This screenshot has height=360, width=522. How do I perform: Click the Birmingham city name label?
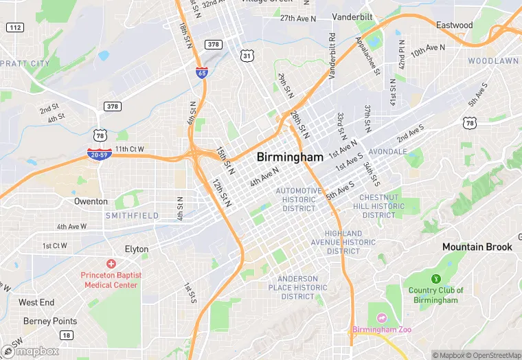pos(289,157)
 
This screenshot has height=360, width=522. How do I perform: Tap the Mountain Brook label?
pos(477,247)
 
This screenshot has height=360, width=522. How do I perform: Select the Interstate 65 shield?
pos(201,72)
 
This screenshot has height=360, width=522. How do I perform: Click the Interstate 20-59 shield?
pos(100,154)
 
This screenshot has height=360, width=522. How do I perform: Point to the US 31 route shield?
pos(247,55)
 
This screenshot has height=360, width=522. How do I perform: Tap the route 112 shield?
pos(14,27)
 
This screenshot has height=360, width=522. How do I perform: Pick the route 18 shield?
pos(66,335)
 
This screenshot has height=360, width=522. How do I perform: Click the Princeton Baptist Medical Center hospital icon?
pos(111,264)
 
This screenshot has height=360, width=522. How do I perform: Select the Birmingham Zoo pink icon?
pos(381,318)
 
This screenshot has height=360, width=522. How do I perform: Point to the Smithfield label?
pos(132,216)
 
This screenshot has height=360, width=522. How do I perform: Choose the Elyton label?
pos(136,249)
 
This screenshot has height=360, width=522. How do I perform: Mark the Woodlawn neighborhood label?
pos(493,61)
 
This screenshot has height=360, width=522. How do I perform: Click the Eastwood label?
pos(454,25)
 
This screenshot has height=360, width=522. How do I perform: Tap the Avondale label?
pos(387,151)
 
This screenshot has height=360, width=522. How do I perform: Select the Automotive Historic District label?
pos(299,199)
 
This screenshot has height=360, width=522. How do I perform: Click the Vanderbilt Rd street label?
pos(332,55)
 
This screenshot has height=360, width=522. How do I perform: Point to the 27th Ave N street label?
pos(297,19)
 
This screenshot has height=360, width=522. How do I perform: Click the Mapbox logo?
pos(31,351)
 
